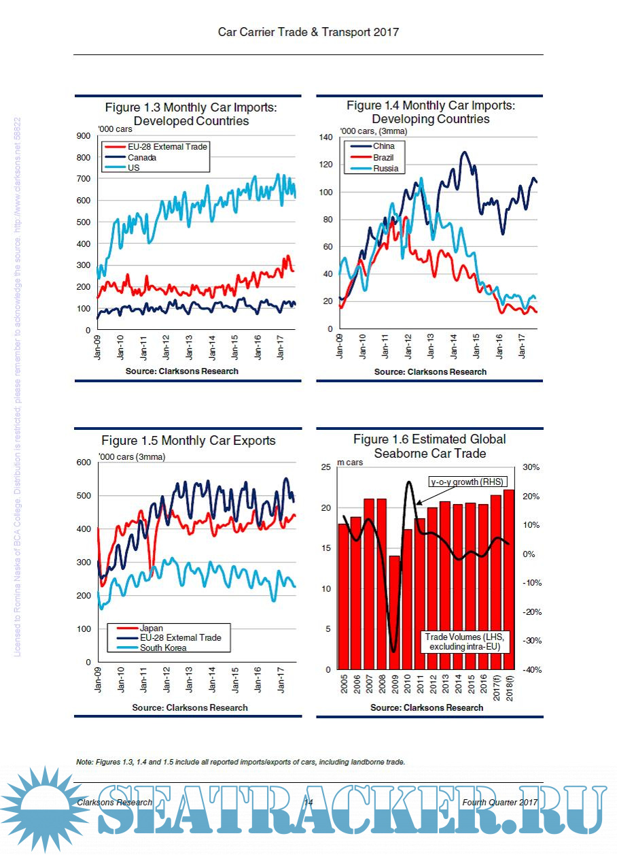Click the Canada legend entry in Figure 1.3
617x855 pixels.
(142, 158)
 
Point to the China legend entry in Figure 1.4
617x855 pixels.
(383, 146)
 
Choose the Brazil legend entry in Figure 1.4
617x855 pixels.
(384, 158)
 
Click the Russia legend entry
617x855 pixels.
(385, 169)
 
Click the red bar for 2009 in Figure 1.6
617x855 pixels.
(394, 612)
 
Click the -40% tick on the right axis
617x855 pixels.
(531, 670)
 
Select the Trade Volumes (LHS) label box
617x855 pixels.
(465, 641)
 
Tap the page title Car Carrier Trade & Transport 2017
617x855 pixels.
(308, 32)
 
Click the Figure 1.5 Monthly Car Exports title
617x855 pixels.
(188, 441)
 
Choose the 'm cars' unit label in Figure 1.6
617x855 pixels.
(351, 463)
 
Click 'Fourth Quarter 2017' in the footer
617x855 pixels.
(499, 803)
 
